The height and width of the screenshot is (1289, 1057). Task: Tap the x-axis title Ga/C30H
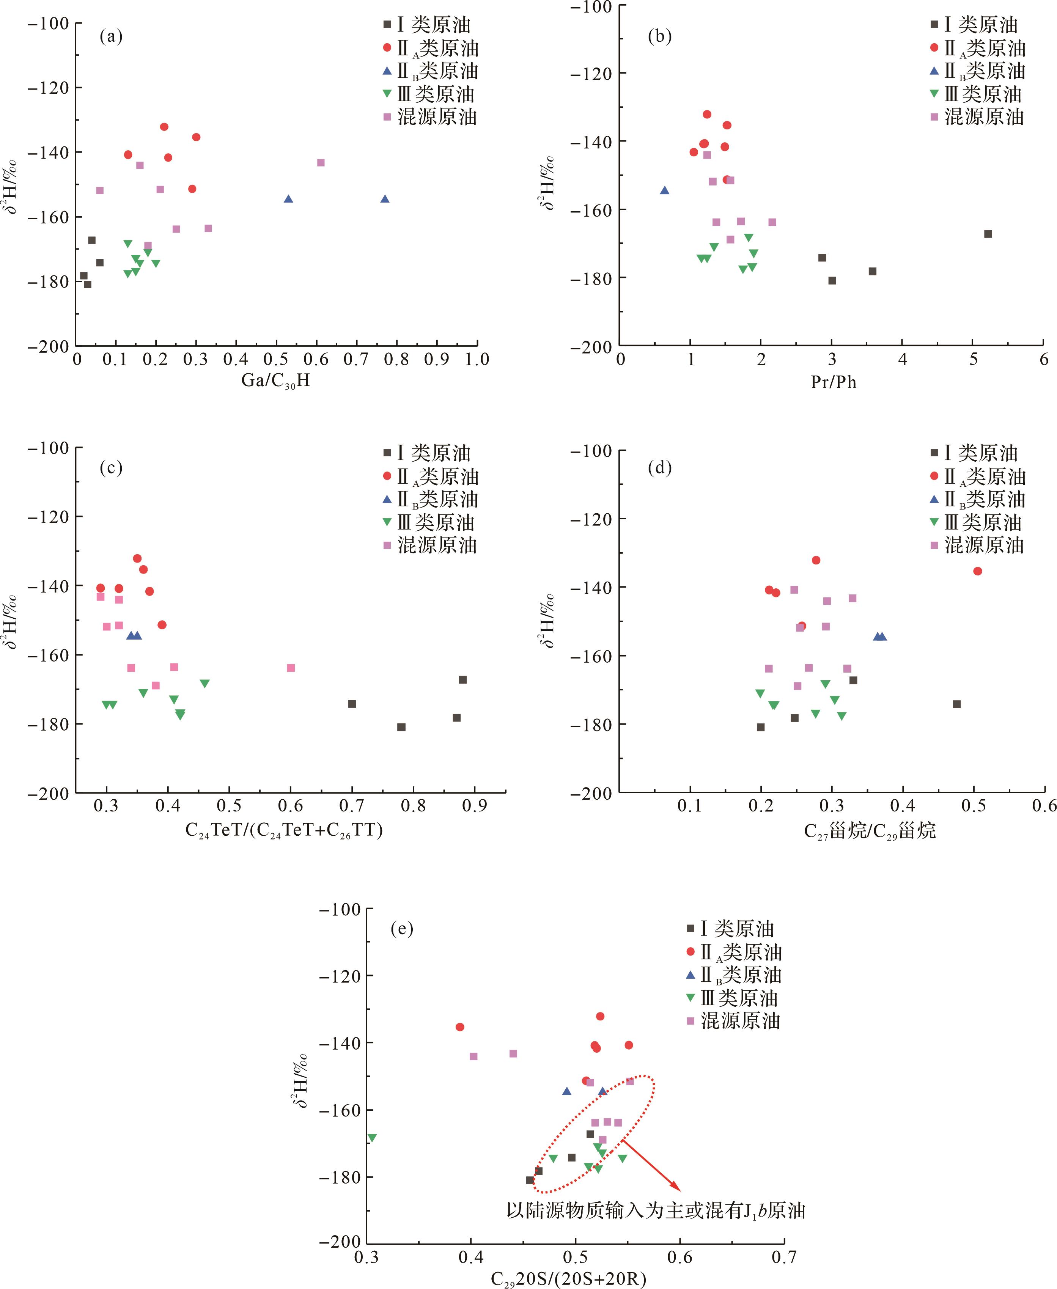(275, 380)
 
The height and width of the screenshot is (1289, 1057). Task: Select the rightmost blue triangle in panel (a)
(385, 199)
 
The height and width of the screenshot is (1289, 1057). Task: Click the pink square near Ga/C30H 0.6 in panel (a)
(321, 163)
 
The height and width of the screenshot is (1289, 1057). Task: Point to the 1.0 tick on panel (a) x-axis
(477, 359)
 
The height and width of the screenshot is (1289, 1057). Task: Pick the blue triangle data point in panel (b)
(664, 190)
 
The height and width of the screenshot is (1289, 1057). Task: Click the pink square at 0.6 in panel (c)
(291, 668)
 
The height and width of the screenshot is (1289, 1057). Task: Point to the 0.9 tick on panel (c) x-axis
(474, 806)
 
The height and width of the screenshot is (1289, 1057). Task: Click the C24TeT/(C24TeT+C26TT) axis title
(284, 830)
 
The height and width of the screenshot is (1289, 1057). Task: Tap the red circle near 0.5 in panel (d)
(978, 571)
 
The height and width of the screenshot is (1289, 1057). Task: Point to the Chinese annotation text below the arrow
(656, 1210)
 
